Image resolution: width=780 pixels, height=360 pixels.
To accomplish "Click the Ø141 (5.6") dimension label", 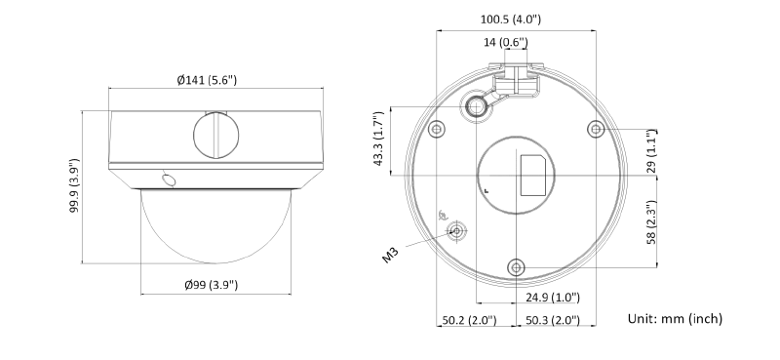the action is [x=207, y=80].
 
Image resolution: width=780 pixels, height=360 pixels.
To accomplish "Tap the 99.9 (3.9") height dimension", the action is [x=74, y=186].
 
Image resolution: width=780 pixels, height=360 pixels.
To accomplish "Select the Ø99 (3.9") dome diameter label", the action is [x=212, y=285].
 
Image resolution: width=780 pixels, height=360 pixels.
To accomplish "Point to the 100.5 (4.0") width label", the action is [x=510, y=20].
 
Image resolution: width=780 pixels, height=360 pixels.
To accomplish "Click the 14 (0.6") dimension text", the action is [x=505, y=42].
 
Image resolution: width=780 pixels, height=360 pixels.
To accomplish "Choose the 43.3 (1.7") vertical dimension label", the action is [x=378, y=139].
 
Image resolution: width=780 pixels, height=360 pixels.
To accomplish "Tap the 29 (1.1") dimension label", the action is [x=651, y=151].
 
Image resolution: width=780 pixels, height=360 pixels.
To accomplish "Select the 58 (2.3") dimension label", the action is [x=651, y=222].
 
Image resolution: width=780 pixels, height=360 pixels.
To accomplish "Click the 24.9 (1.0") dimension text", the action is [x=553, y=298].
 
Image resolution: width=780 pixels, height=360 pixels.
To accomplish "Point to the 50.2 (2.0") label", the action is [x=469, y=320].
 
